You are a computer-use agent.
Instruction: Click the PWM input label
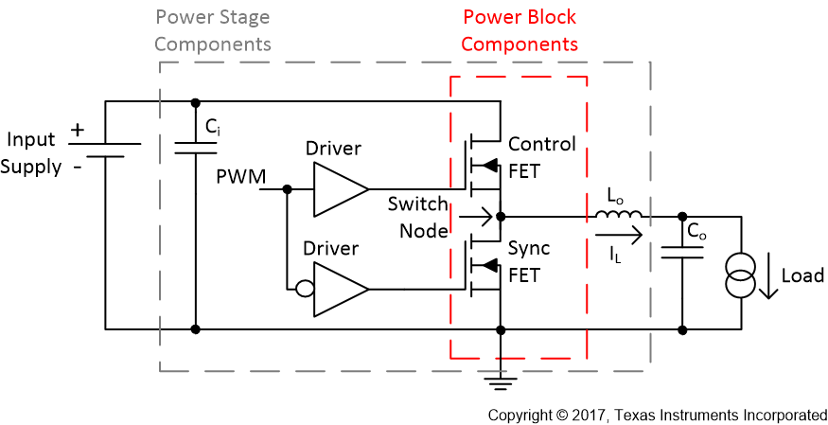pyautogui.click(x=240, y=177)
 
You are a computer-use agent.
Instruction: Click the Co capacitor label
pyautogui.click(x=697, y=230)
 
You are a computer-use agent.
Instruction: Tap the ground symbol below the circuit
pyautogui.click(x=500, y=381)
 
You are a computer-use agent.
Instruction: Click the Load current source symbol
pyautogui.click(x=740, y=275)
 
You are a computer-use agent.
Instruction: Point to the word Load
pyautogui.click(x=802, y=275)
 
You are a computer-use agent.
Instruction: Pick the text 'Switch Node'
pyautogui.click(x=417, y=217)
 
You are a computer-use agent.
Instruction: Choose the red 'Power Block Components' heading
pyautogui.click(x=520, y=30)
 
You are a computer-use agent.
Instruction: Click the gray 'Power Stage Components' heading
pyautogui.click(x=213, y=30)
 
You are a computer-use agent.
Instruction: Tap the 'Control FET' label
pyautogui.click(x=541, y=155)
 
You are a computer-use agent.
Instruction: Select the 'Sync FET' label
pyautogui.click(x=529, y=262)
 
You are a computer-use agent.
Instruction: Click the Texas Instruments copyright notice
pyautogui.click(x=658, y=415)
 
